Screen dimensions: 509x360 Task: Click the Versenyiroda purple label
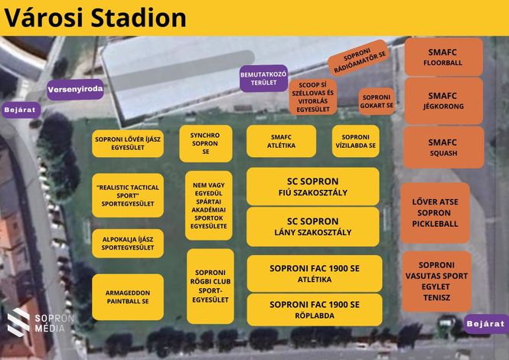[x=75, y=90]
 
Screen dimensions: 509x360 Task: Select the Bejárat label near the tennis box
[x=486, y=324]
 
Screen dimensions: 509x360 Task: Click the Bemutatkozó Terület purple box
[x=263, y=78]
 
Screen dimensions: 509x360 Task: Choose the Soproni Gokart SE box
[x=377, y=101]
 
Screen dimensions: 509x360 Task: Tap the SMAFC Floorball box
[x=443, y=57]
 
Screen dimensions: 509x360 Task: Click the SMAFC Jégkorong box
[x=443, y=100]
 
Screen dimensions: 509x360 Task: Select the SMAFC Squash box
[x=443, y=147]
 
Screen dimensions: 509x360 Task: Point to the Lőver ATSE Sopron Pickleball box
[x=435, y=213]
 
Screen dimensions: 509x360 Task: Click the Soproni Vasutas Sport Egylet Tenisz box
[x=436, y=281]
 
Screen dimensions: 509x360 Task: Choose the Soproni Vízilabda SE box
[x=355, y=142]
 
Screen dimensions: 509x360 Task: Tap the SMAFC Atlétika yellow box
[x=281, y=142]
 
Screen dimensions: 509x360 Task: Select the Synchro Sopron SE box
[x=206, y=143]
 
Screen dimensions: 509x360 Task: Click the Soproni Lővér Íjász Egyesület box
[x=128, y=143]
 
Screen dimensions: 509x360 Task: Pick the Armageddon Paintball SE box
[x=128, y=297]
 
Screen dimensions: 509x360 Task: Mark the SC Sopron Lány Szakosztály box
[x=313, y=227]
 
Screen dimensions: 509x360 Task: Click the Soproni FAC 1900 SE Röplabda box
[x=315, y=309]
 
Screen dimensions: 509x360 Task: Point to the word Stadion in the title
[x=139, y=18]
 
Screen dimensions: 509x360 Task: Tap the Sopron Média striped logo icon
[x=18, y=322]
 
